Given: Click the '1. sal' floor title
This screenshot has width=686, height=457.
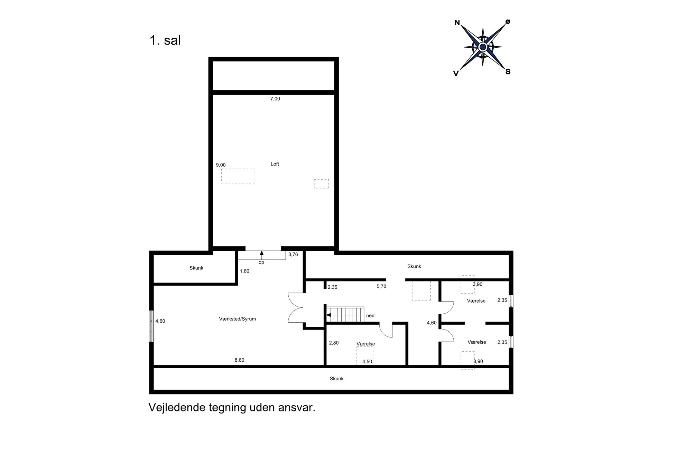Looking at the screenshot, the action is coord(165,40).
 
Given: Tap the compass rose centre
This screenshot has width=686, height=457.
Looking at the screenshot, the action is coord(483,47).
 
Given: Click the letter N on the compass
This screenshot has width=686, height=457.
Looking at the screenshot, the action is coord(457,23).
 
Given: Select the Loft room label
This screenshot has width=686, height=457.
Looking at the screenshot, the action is coord(275,164).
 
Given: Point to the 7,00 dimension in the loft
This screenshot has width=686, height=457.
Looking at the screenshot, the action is coord(275,99).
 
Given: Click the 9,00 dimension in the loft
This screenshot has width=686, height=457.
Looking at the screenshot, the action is coord(221,165).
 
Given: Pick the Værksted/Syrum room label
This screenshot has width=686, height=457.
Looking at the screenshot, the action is coord(238,319).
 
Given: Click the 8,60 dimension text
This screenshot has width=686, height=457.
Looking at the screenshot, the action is coord(239,360).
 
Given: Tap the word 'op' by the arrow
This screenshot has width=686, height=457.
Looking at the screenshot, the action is coord(261,263).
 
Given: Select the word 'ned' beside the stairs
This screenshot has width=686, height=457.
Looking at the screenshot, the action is coord(370,315).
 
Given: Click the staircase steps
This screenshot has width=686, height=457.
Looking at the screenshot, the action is coord(345,315).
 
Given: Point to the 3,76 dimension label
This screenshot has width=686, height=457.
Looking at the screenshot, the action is coord(293,255).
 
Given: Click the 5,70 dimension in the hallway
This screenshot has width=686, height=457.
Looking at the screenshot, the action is coord(381,286).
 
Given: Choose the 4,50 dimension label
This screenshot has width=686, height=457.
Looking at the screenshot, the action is coord(367,362).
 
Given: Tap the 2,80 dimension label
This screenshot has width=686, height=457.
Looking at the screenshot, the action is coord(334,343).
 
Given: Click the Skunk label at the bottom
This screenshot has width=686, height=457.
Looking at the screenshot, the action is coord(336,379).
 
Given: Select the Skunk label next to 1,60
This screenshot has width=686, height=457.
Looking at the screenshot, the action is coord(196,268).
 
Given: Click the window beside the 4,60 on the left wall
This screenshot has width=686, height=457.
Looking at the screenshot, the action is coord(151,326).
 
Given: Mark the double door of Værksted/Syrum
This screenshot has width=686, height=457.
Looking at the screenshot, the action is coord(296,308).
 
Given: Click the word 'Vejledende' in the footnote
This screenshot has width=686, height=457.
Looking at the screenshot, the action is coord(177,408).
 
